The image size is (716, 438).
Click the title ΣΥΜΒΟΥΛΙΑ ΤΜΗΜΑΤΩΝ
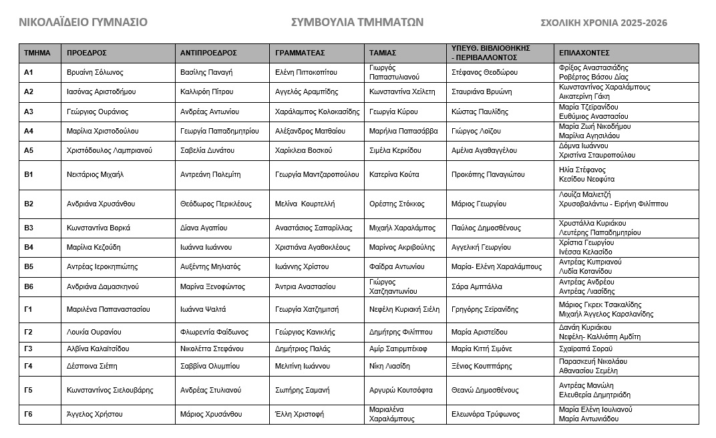point(357,22)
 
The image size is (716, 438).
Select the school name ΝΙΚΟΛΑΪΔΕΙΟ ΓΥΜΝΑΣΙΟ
point(83,22)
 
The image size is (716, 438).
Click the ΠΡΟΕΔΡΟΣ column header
point(87,53)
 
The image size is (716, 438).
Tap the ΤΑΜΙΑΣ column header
point(383,53)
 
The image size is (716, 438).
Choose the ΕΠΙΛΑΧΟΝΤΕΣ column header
point(584,53)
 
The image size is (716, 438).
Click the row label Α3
point(29,112)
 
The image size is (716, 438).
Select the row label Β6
point(29,286)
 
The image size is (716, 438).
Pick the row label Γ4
point(29,366)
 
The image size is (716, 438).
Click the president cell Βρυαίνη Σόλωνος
point(96,72)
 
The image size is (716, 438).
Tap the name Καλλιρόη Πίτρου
point(206,91)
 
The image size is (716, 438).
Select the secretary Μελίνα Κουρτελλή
point(305,204)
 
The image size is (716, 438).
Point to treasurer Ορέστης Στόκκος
point(397,204)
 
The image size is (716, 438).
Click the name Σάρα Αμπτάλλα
point(477,286)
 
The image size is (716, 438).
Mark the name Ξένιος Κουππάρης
point(482,366)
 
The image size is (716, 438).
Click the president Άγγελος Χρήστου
point(95,414)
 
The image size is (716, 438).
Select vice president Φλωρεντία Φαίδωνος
point(214,332)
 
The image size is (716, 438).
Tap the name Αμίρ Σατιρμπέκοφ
point(398,349)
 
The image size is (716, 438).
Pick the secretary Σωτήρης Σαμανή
point(303,390)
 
